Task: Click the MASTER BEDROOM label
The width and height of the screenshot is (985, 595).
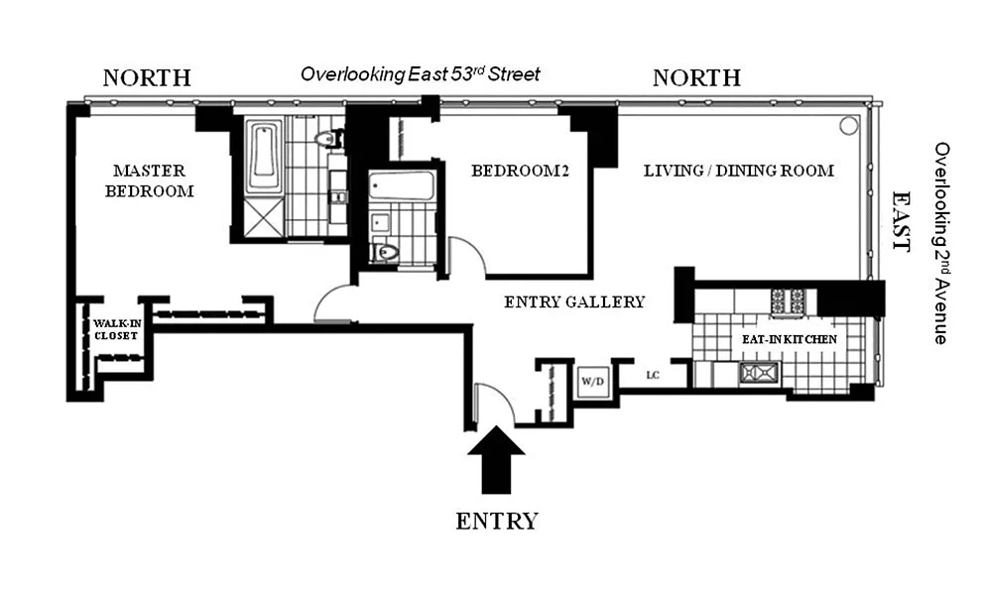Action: [x=150, y=180]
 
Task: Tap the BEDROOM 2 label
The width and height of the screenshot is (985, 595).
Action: [x=520, y=171]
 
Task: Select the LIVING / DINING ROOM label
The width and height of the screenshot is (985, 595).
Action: [x=739, y=171]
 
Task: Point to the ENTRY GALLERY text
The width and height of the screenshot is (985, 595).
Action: [x=574, y=302]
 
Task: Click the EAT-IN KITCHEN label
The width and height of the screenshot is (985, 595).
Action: [x=790, y=339]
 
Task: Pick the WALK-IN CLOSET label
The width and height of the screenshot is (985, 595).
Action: [x=116, y=329]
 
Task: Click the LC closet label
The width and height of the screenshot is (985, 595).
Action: [x=653, y=376]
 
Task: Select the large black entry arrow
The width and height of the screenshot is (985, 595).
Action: [x=496, y=460]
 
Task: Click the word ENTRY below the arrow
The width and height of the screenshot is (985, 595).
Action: [x=497, y=522]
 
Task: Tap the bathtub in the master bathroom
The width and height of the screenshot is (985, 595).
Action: [x=265, y=157]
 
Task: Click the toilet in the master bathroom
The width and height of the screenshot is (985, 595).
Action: [x=328, y=138]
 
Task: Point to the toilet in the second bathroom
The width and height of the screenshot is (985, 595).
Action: [x=385, y=253]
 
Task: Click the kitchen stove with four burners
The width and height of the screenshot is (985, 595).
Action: [x=788, y=302]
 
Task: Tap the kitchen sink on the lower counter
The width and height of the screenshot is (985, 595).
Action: [x=760, y=373]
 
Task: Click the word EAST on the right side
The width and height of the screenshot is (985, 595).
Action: [x=902, y=221]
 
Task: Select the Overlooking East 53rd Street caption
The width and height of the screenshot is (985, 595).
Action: [x=421, y=74]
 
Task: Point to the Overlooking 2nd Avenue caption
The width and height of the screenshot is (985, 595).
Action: [x=941, y=243]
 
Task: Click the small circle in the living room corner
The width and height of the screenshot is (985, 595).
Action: [x=849, y=126]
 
